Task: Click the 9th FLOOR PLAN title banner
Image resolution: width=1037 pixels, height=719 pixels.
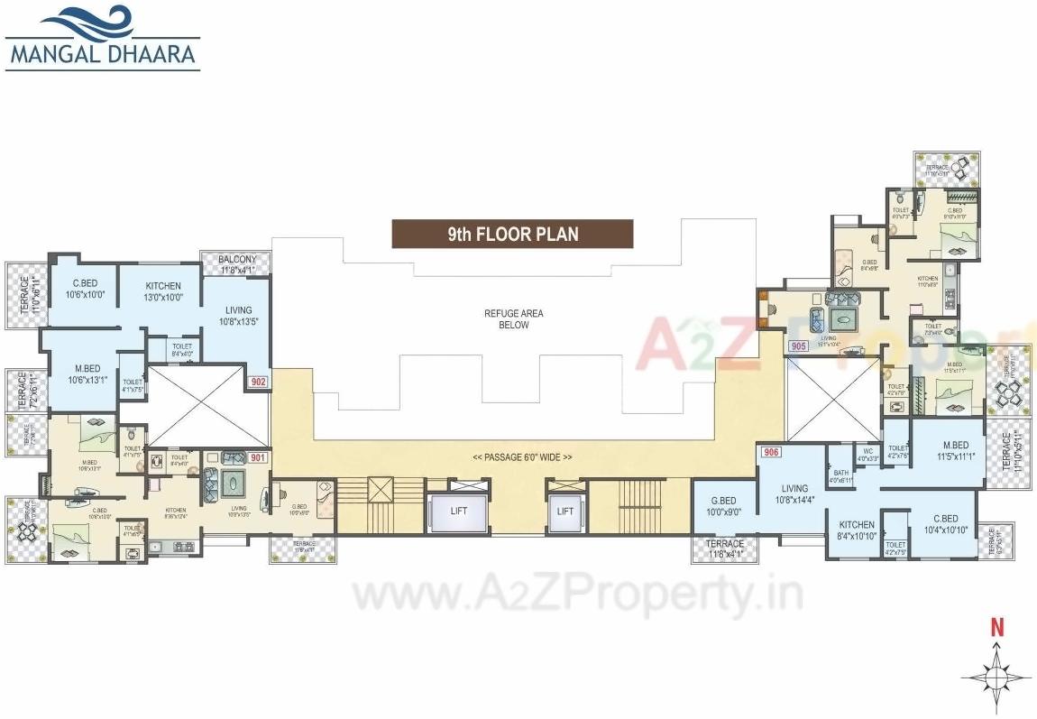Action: point(512,234)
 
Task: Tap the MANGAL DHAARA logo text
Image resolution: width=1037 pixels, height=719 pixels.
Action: point(103,53)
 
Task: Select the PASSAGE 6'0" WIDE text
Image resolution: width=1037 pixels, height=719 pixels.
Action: point(522,457)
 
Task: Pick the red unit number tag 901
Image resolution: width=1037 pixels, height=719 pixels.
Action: point(258,457)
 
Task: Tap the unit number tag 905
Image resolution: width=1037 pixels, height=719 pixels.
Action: point(797,346)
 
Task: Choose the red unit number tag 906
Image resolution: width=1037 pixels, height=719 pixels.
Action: point(770,453)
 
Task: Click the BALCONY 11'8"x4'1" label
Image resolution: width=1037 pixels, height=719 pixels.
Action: point(237,263)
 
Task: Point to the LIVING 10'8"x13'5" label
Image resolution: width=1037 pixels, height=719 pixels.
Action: point(239,316)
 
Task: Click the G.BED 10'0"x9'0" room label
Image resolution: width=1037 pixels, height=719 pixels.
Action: point(723,505)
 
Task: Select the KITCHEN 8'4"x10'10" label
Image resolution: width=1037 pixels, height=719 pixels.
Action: point(856,530)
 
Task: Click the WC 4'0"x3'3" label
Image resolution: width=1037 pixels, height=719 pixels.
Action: point(867,454)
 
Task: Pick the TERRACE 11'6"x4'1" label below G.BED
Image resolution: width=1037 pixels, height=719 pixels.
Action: point(725,548)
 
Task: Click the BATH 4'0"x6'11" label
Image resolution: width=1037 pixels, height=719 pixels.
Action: point(840,476)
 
